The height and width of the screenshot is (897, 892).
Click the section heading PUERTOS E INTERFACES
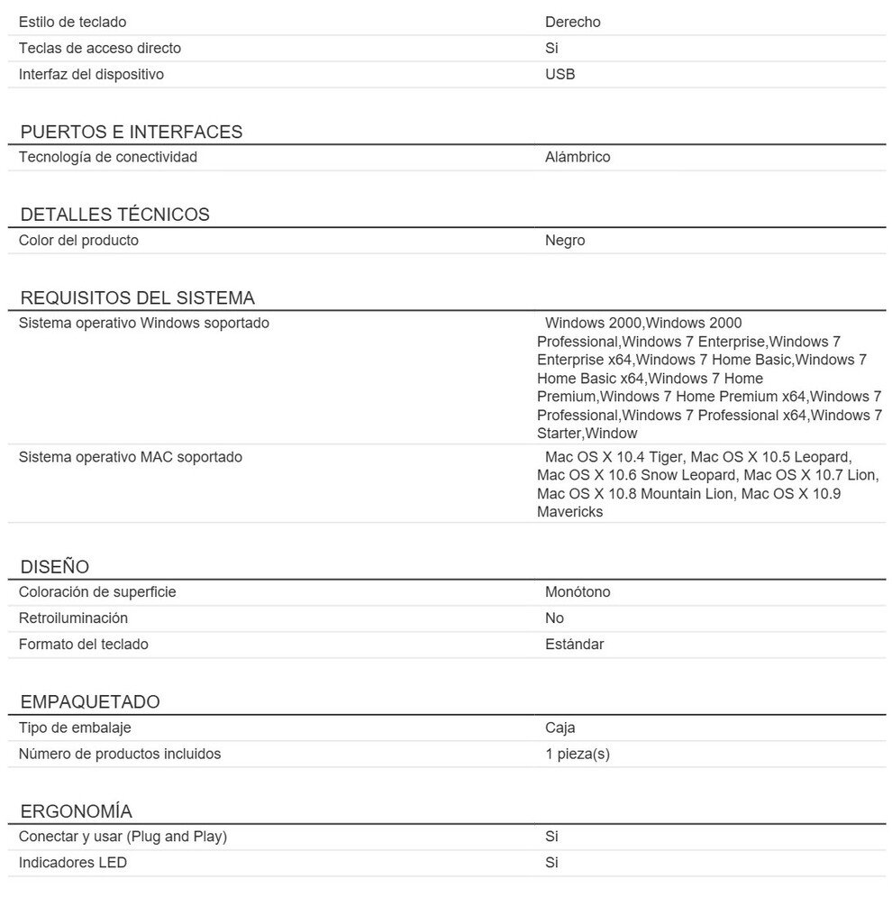pyautogui.click(x=132, y=132)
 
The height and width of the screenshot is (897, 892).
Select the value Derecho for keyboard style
pyautogui.click(x=572, y=22)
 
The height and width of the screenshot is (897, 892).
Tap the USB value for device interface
pyautogui.click(x=560, y=74)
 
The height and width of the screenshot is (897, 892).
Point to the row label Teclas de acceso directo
pyautogui.click(x=99, y=48)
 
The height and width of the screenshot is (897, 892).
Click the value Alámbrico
pyautogui.click(x=578, y=157)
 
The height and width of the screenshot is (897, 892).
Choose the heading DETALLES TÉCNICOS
pyautogui.click(x=114, y=215)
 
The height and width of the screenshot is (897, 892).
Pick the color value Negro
pyautogui.click(x=565, y=240)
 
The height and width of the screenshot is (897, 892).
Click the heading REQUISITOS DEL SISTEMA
pyautogui.click(x=137, y=297)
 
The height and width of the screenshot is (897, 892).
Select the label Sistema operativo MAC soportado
pyautogui.click(x=130, y=457)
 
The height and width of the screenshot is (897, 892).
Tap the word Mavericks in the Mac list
pyautogui.click(x=569, y=512)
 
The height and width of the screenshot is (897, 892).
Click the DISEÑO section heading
pyautogui.click(x=55, y=567)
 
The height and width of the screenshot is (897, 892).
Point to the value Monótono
pyautogui.click(x=578, y=592)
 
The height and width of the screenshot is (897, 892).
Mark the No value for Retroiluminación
pyautogui.click(x=554, y=618)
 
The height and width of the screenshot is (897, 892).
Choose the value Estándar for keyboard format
pyautogui.click(x=574, y=645)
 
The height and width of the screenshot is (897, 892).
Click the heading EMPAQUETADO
pyautogui.click(x=90, y=702)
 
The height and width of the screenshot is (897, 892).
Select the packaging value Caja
pyautogui.click(x=560, y=728)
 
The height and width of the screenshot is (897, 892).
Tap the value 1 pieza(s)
pyautogui.click(x=577, y=754)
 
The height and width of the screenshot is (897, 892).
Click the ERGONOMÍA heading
pyautogui.click(x=76, y=811)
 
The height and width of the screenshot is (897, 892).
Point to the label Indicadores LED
pyautogui.click(x=72, y=863)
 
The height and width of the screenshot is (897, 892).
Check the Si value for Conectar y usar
pyautogui.click(x=551, y=837)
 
